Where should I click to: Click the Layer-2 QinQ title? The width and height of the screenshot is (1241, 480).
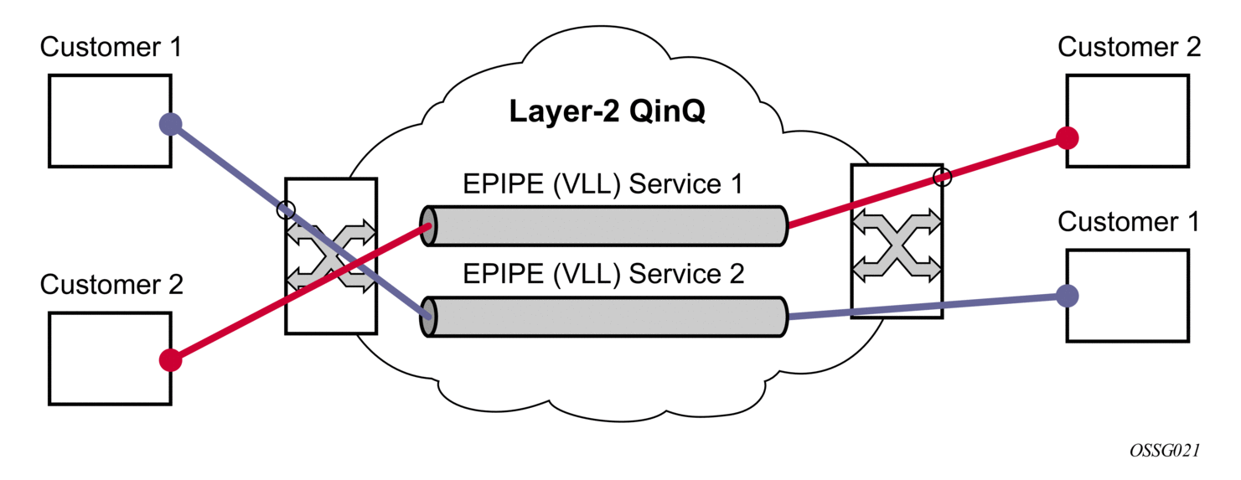tap(608, 111)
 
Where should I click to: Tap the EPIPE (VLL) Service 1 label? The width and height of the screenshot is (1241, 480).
tap(602, 184)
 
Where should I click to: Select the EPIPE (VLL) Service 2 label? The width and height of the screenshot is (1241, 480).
tap(603, 274)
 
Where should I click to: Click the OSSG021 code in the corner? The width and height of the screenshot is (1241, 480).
tap(1165, 451)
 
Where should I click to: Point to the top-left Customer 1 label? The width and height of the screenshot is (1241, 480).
tap(111, 47)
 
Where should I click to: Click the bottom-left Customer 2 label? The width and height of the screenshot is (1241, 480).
tap(111, 285)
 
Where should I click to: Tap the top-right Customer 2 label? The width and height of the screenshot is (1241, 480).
tap(1129, 47)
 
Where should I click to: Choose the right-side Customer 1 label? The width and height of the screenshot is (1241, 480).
tap(1129, 222)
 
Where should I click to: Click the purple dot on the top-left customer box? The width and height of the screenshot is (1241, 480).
tap(171, 123)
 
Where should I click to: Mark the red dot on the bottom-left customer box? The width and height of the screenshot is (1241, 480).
tap(171, 360)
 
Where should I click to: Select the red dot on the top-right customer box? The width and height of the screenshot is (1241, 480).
tap(1067, 138)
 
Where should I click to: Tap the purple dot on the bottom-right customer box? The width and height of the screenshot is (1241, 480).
tap(1067, 296)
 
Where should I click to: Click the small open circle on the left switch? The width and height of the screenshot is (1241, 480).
tap(286, 209)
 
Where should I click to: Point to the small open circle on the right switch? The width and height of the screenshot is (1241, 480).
tap(943, 177)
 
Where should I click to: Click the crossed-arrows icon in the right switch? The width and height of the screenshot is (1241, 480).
tap(897, 244)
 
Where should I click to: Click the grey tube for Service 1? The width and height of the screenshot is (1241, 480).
tap(604, 226)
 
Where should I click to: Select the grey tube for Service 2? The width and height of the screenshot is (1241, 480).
tap(604, 317)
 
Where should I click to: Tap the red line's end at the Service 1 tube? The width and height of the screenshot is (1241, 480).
tap(429, 225)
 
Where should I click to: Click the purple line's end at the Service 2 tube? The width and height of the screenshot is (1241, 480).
tap(429, 317)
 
